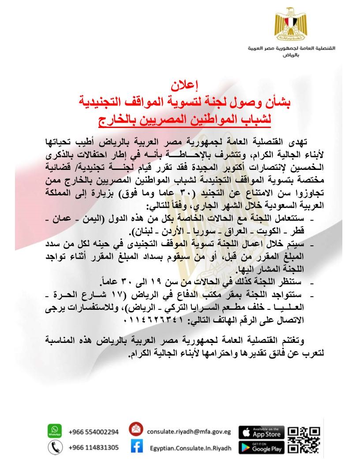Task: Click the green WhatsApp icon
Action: pos(55,431)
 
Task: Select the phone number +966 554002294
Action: pos(94,432)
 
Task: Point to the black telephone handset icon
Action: pos(55,447)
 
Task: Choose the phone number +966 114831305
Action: pos(94,447)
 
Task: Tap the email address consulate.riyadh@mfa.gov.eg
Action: pos(189,432)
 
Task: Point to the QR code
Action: pos(304,440)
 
